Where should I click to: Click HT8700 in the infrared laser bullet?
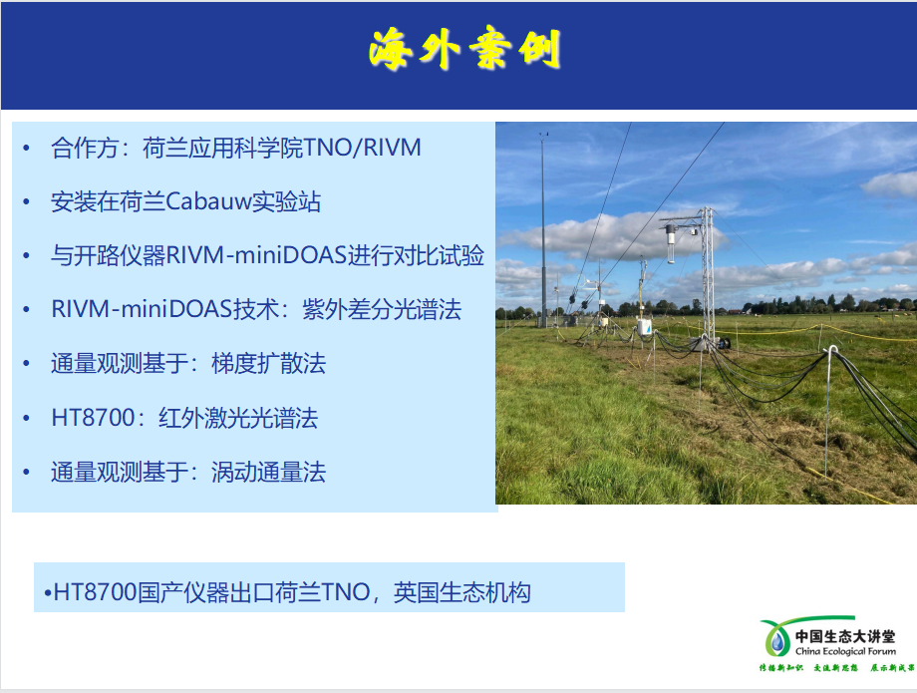point(93,418)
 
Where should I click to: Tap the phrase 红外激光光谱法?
point(238,418)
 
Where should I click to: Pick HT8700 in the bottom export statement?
point(95,593)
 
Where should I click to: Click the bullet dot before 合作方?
point(27,150)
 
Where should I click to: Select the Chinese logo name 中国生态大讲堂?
point(844,635)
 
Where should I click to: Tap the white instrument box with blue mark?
point(645,326)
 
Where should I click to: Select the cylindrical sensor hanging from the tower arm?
point(671,242)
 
